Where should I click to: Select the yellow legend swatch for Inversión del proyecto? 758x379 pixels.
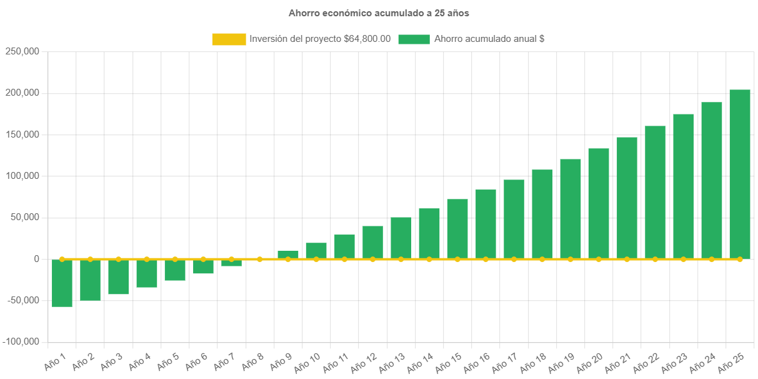229,39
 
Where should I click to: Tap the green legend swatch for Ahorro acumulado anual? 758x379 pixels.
414,39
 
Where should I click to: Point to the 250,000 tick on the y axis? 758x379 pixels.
22,51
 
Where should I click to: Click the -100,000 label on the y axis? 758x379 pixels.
21,341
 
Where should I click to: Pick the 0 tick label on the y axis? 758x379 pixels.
37,259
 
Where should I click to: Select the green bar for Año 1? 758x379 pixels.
62,283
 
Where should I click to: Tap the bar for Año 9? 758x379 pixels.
288,255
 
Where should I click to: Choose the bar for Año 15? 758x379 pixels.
457,229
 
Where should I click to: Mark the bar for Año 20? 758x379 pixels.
599,203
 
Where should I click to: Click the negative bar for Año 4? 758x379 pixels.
147,273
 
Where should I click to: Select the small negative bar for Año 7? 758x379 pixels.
231,263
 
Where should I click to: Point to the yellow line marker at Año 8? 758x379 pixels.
260,259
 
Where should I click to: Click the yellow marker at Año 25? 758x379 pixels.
740,259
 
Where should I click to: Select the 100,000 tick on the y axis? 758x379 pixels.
22,176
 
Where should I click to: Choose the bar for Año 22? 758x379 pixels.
655,192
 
